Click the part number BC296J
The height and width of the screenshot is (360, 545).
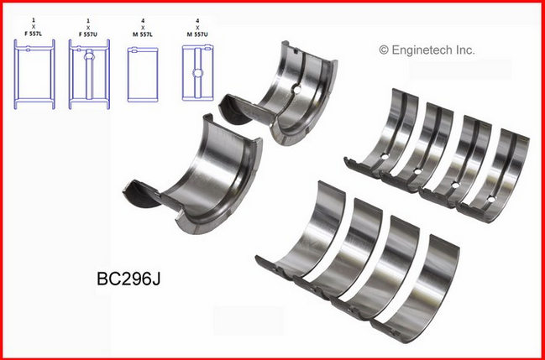pos(128,279)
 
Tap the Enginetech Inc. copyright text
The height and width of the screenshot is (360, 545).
pos(427,50)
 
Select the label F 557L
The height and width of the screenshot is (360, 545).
pos(34,35)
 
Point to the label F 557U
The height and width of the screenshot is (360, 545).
pos(89,35)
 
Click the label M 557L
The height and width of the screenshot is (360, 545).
pos(143,35)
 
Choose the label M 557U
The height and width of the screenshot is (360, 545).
pos(197,35)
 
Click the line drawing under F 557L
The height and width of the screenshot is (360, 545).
pos(34,75)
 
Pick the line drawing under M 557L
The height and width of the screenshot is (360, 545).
pos(143,75)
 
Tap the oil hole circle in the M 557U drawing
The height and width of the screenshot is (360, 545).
pos(198,73)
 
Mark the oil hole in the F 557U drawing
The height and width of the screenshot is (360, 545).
pos(89,55)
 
